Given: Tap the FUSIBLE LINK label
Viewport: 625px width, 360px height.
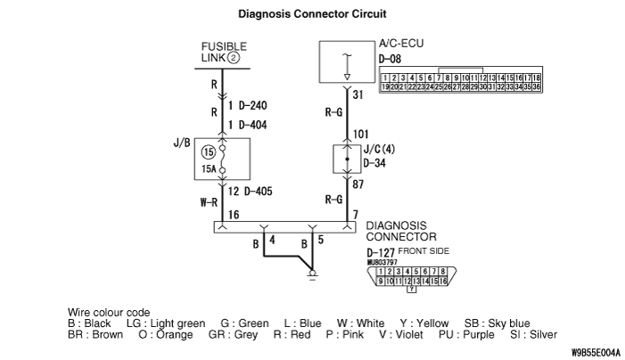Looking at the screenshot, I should (x=221, y=51).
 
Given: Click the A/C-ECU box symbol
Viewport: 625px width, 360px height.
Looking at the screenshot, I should (x=346, y=61).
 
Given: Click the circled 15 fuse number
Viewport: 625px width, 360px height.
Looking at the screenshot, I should (x=209, y=151).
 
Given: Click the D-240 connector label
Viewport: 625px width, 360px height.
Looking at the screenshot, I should (x=254, y=105).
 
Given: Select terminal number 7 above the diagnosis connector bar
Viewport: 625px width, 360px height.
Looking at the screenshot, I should (x=356, y=215).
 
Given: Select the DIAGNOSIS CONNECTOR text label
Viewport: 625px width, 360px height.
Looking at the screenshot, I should (x=402, y=232).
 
